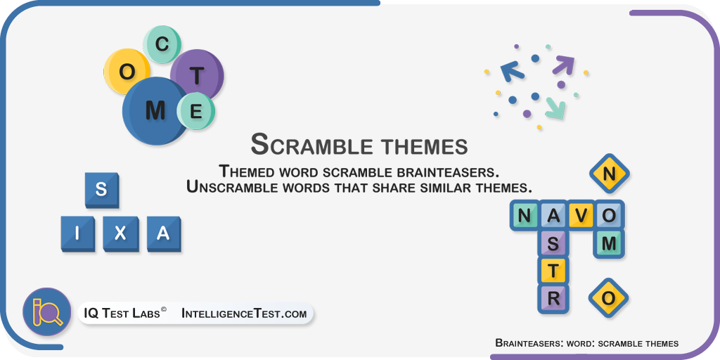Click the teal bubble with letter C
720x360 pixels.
162,44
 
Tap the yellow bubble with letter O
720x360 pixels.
127,72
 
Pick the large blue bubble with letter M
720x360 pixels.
155,110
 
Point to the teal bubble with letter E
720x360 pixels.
196,111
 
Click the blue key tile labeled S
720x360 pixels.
101,190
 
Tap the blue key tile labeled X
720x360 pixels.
120,234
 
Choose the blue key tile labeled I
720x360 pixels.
77,234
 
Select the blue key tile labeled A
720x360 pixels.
163,234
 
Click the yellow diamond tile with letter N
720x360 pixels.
609,174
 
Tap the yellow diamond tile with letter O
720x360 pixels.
608,298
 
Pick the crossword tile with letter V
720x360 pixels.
581,215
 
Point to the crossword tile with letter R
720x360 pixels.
553,299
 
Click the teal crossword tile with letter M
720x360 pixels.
609,243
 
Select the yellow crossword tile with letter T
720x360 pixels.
553,271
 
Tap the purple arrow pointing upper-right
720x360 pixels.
563,65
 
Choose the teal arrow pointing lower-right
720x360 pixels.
555,109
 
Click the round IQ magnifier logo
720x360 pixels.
47,311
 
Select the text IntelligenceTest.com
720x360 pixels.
244,314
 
